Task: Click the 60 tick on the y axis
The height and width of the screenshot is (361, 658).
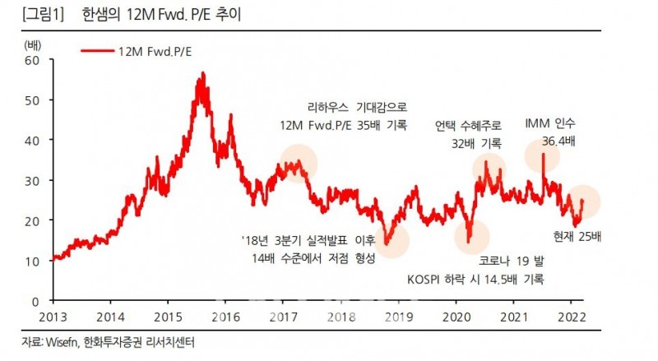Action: [32, 60]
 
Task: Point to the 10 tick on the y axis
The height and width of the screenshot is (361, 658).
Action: [32, 261]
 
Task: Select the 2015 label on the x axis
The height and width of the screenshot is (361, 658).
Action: [169, 317]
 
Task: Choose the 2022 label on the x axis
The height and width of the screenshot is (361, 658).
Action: [572, 317]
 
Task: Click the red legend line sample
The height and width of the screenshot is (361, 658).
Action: [99, 51]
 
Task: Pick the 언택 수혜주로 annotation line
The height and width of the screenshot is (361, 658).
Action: [468, 125]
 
